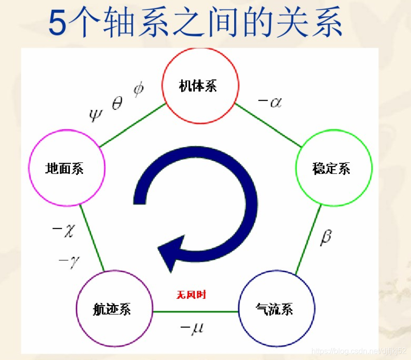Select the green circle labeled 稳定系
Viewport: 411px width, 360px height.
pyautogui.click(x=334, y=168)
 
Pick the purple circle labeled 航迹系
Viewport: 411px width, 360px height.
pyautogui.click(x=115, y=309)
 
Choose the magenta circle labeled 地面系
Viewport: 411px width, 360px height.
pyautogui.click(x=67, y=168)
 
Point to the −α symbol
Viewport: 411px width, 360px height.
pyautogui.click(x=270, y=102)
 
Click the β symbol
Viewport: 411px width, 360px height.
pyautogui.click(x=326, y=238)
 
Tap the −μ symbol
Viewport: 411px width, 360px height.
pyautogui.click(x=192, y=328)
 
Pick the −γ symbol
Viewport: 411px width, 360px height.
pyautogui.click(x=67, y=262)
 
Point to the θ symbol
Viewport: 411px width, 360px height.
pyautogui.click(x=117, y=103)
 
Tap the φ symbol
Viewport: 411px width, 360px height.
pyautogui.click(x=139, y=90)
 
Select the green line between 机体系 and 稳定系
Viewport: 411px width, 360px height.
pyautogui.click(x=268, y=124)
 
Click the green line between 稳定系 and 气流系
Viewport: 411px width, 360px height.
pyautogui.click(x=308, y=240)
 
